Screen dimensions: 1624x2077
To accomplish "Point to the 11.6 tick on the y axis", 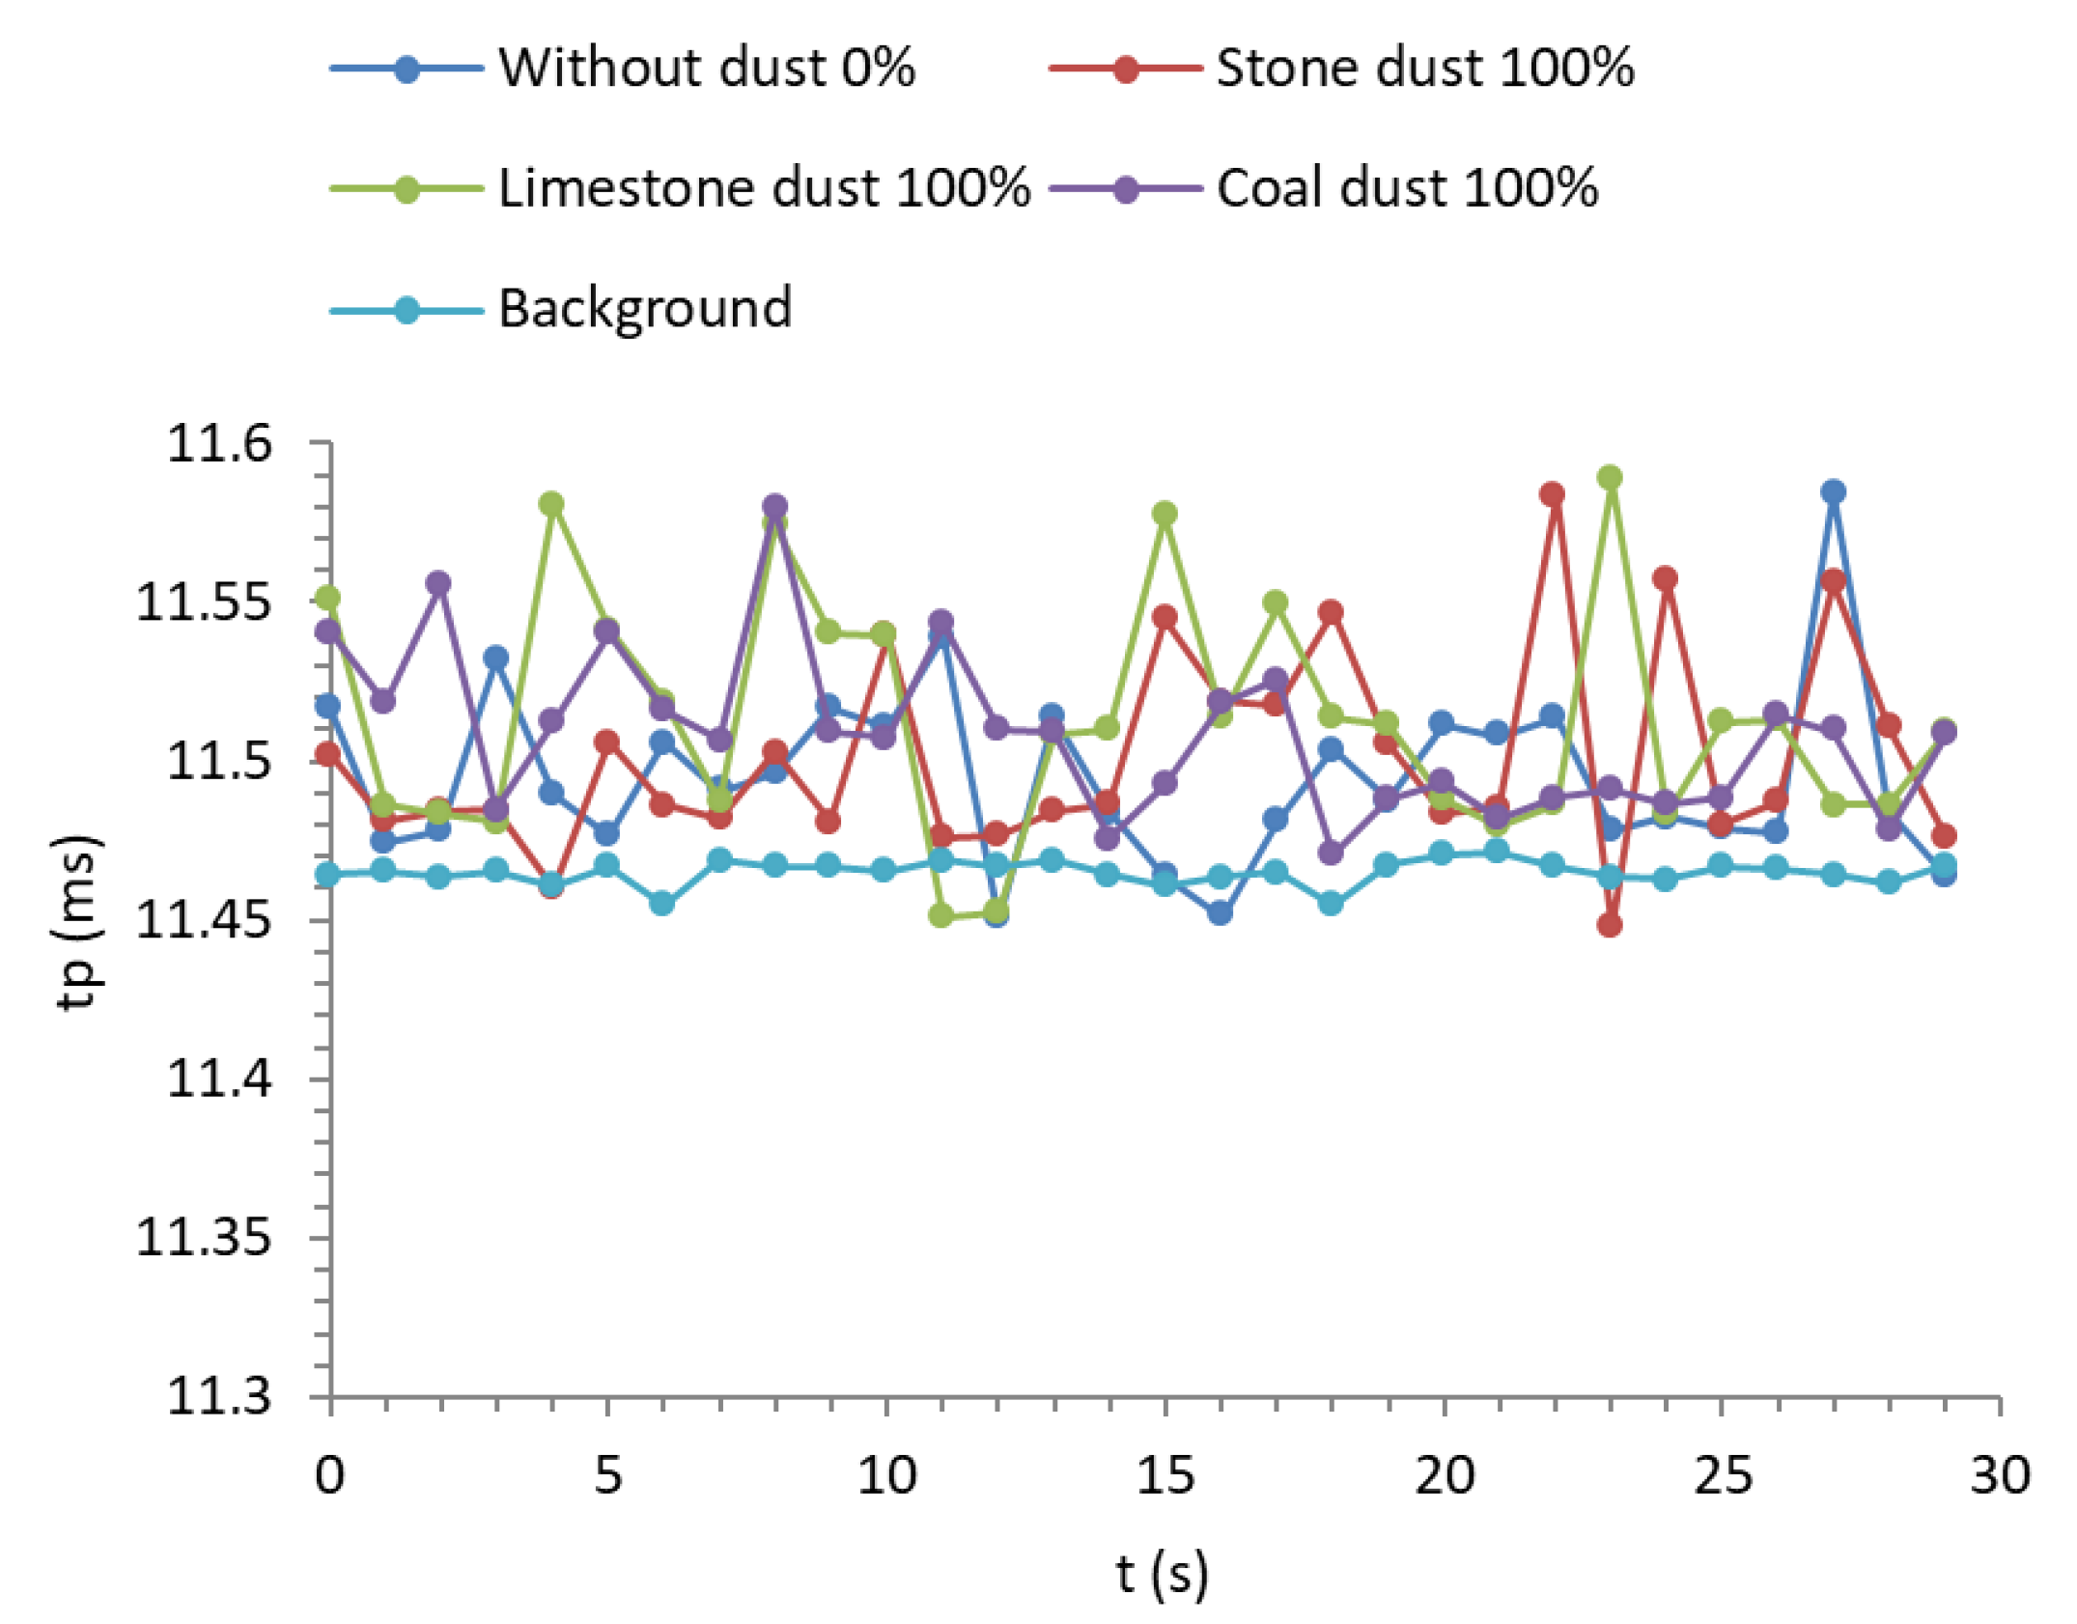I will point(206,444).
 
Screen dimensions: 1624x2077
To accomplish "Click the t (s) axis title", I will point(1162,1575).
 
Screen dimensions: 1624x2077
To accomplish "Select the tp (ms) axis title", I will point(77,921).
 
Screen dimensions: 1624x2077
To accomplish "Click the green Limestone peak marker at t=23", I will point(1609,477).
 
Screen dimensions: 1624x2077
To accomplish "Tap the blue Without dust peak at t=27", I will point(1833,491).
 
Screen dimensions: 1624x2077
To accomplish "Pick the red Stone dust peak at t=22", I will point(1552,494).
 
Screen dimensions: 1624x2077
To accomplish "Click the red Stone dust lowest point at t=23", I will point(1609,925).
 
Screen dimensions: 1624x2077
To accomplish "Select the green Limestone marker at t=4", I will point(551,503).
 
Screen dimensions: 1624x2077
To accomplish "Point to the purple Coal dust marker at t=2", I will point(438,583).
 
